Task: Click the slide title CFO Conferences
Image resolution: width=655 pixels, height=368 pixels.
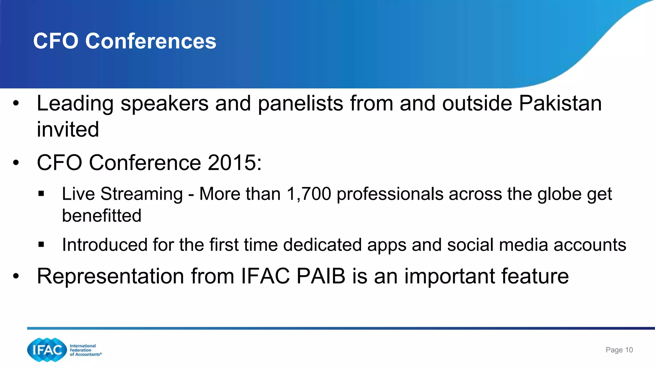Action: tap(125, 41)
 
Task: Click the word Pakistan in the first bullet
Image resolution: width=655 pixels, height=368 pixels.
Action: tap(560, 103)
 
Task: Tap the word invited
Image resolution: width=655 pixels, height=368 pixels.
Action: tap(68, 129)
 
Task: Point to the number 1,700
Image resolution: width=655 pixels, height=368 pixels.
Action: tap(309, 194)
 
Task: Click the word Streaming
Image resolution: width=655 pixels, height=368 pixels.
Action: tap(141, 194)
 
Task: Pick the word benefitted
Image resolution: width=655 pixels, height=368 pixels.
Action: tap(101, 215)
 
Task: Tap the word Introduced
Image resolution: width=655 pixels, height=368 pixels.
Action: tap(104, 245)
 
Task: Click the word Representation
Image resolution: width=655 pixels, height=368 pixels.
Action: tap(110, 276)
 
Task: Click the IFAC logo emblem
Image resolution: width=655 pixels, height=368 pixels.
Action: tap(47, 350)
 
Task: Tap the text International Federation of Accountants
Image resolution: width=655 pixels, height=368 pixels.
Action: tap(85, 350)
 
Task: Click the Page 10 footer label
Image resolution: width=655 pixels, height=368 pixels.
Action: tap(619, 350)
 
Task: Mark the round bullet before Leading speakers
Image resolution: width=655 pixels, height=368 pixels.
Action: tap(16, 103)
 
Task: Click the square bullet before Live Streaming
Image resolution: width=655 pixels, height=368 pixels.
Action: tap(41, 194)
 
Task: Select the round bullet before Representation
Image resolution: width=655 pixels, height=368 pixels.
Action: tap(16, 276)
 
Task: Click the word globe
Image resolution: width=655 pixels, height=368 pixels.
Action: tap(559, 194)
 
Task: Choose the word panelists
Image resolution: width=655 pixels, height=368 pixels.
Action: tap(300, 103)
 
